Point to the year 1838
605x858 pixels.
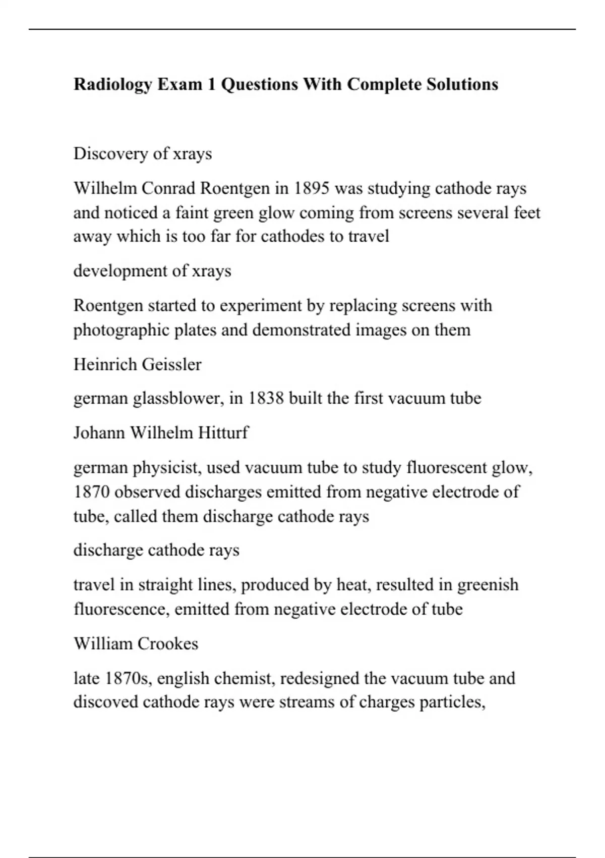pyautogui.click(x=266, y=398)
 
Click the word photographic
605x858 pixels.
pyautogui.click(x=121, y=330)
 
